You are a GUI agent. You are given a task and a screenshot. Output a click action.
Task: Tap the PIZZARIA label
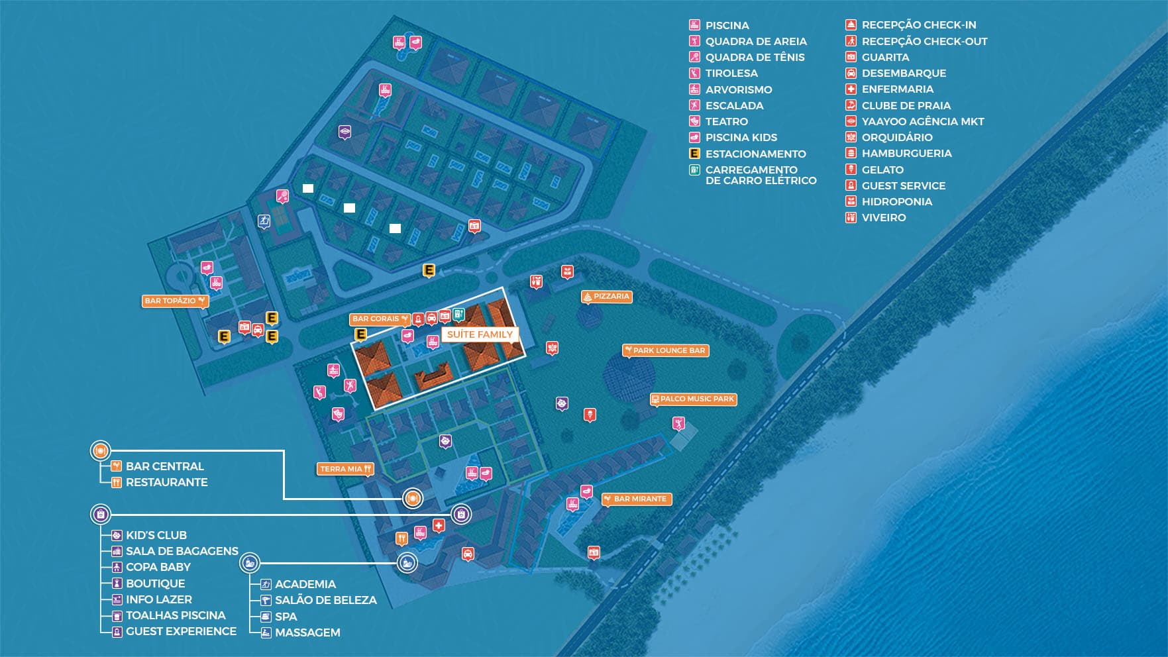tap(606, 297)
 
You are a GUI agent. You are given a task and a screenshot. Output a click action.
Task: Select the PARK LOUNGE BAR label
tap(666, 350)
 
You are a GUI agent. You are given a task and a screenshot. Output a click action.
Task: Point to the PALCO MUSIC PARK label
tap(693, 399)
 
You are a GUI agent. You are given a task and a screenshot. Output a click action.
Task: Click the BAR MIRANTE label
tap(637, 499)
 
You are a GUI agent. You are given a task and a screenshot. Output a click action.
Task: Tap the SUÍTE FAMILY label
tap(480, 334)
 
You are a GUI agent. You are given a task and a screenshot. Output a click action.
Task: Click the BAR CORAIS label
tap(380, 319)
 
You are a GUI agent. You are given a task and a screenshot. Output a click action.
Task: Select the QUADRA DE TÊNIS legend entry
tap(755, 58)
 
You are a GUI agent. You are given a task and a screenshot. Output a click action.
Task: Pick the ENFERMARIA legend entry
tap(897, 89)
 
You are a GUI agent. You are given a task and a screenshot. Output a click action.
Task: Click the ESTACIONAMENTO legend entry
tap(755, 154)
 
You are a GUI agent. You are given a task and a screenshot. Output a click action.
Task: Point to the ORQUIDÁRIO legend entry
tap(896, 137)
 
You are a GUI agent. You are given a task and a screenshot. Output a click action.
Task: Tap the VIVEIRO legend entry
tap(883, 218)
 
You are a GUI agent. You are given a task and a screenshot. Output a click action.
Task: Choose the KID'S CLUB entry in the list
tap(156, 535)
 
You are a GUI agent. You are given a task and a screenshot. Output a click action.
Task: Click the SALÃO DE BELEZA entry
tap(325, 600)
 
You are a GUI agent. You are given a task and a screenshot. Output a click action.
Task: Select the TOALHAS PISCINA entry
tap(176, 615)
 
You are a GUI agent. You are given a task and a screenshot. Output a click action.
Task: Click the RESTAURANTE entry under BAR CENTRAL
tap(166, 482)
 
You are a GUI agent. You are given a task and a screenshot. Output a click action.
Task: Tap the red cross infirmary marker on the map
tap(438, 525)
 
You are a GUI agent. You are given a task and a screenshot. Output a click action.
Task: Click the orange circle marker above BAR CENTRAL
tap(100, 451)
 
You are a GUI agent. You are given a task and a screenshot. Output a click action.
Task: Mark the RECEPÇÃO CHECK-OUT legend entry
tap(924, 41)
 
